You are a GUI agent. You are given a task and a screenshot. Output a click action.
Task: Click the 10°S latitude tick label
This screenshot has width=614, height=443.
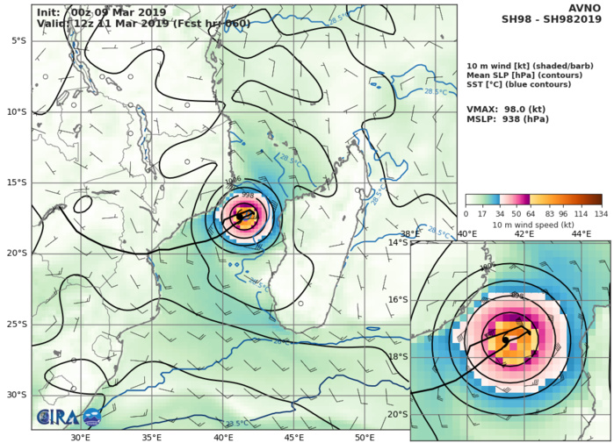[16, 111]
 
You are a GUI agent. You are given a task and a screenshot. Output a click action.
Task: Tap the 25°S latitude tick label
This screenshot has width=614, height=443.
[16, 325]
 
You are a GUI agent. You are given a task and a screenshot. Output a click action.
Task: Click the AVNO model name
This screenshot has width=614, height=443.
[583, 8]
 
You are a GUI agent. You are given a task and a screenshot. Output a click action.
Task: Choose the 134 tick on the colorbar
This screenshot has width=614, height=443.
[602, 213]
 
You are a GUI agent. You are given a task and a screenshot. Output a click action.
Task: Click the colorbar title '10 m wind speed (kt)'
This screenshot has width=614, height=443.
[533, 224]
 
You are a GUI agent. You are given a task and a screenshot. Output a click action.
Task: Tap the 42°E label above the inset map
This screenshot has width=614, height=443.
[525, 233]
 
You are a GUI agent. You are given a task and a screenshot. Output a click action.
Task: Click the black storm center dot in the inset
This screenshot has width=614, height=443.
[505, 339]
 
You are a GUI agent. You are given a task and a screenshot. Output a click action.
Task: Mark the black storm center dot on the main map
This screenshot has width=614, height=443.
[240, 216]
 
